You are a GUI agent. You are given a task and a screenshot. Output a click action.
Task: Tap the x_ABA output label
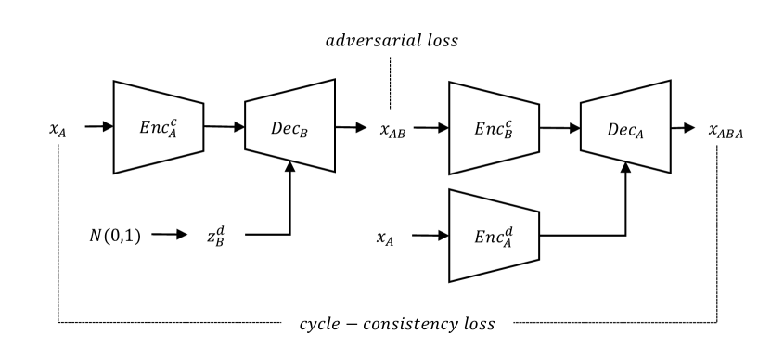click(727, 129)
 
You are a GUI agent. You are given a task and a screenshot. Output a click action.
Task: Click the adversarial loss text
click(392, 43)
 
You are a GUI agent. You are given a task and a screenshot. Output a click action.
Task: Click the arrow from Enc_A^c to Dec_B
click(223, 126)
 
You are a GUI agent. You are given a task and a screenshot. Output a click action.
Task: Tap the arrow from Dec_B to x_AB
click(353, 127)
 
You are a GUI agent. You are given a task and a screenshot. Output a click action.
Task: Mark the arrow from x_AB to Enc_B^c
click(430, 127)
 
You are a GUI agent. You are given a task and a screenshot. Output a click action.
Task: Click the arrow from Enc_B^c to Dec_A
click(559, 126)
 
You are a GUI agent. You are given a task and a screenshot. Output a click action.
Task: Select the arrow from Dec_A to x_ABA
click(687, 127)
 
